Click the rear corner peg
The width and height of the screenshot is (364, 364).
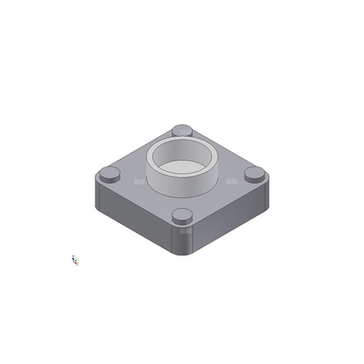click(x=182, y=130)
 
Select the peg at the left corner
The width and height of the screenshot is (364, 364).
click(x=109, y=172)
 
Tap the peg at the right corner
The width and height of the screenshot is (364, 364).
click(x=254, y=173)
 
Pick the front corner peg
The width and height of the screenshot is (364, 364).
click(x=183, y=215)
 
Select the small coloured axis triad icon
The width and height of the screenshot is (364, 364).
click(x=75, y=260)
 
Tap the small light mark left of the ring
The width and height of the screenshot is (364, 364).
click(x=138, y=184)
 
